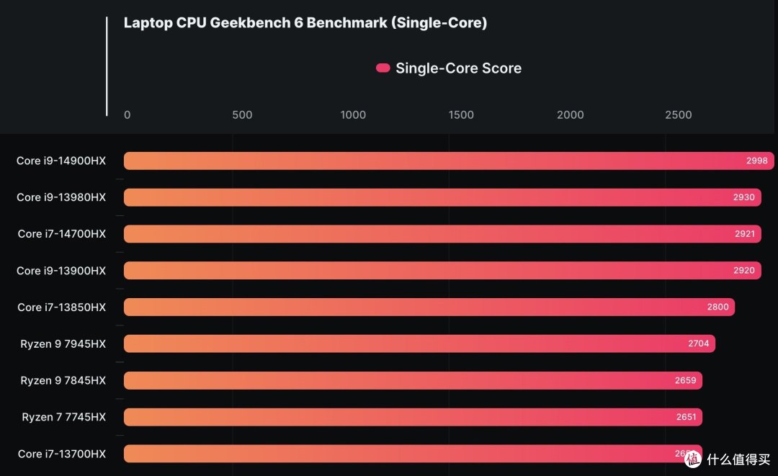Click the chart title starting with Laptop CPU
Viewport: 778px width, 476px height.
(x=305, y=23)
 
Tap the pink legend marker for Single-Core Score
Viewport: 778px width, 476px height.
(x=383, y=68)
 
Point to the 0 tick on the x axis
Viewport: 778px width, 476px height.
(x=128, y=115)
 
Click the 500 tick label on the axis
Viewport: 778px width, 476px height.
(x=242, y=115)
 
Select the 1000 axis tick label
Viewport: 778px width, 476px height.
(x=352, y=115)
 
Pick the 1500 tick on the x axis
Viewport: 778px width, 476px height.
(x=461, y=115)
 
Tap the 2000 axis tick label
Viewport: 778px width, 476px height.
(x=570, y=115)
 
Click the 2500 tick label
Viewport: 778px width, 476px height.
(x=679, y=115)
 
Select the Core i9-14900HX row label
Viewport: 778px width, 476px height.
(x=61, y=161)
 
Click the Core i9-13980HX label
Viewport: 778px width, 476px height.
(x=61, y=197)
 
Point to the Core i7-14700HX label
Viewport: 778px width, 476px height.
(x=61, y=234)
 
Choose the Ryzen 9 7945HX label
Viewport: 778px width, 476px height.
(x=63, y=343)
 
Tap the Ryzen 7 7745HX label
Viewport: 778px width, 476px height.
(x=63, y=417)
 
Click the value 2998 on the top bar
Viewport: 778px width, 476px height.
(x=756, y=161)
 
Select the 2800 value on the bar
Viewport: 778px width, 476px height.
(x=717, y=307)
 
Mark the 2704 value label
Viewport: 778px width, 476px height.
(x=698, y=343)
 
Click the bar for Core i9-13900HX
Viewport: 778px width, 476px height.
(x=432, y=271)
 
